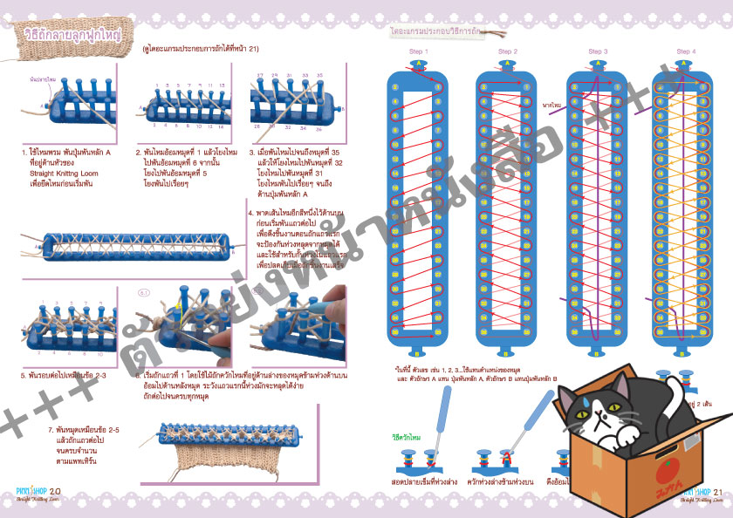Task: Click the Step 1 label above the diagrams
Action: (417, 51)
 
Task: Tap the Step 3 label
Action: (598, 51)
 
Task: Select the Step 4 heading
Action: (686, 51)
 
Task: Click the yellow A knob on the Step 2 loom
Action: (507, 65)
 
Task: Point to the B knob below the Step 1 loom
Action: (417, 353)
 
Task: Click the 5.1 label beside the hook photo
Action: (145, 293)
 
